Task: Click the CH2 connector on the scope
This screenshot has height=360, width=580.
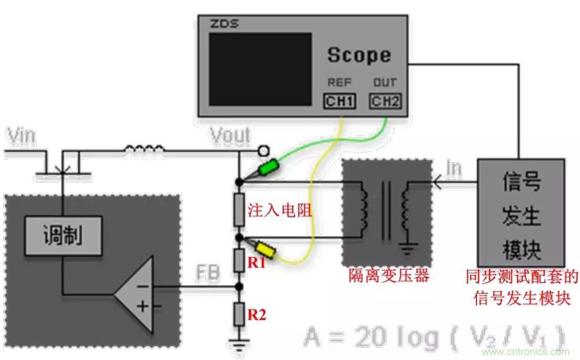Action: coord(385,101)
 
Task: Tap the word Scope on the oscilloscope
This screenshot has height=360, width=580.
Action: coord(359,55)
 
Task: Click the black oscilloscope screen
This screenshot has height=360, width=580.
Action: coord(260,69)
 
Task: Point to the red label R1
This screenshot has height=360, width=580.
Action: coord(258,262)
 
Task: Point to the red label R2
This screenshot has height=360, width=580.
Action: coord(257,315)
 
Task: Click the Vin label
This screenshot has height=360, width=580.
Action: coord(21,137)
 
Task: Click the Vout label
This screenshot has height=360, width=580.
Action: coord(230,135)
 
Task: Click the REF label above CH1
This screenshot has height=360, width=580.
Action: coord(339,83)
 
